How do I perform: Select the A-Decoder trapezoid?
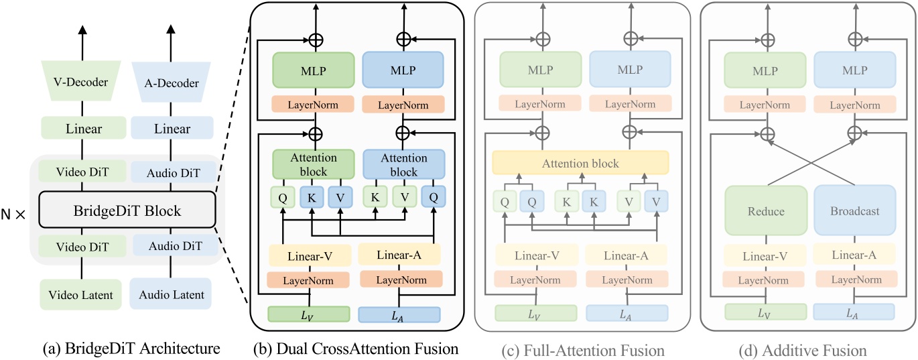[x=172, y=84]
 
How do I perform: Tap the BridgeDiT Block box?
[x=127, y=211]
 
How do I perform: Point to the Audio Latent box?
[x=172, y=295]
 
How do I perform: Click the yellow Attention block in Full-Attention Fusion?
[x=580, y=164]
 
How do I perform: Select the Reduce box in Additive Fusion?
[x=767, y=211]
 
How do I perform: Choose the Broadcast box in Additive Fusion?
[x=854, y=211]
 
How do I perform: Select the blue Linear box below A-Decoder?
[x=172, y=129]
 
